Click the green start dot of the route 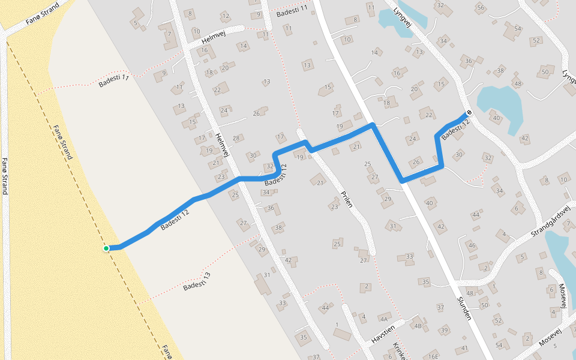pos(106,248)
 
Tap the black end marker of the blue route pos(469,112)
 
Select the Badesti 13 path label pos(197,281)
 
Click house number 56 pos(479,8)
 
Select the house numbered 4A pos(383,318)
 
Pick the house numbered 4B pos(418,326)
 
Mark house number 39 pos(444,331)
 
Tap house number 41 pos(465,349)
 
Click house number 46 pos(472,245)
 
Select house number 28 pos(236,139)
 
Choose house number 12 pos(226,16)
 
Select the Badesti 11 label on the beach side pos(114,81)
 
